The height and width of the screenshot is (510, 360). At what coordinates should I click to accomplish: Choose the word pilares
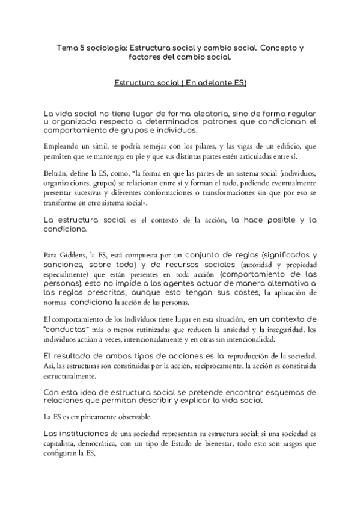[x=221, y=146]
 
